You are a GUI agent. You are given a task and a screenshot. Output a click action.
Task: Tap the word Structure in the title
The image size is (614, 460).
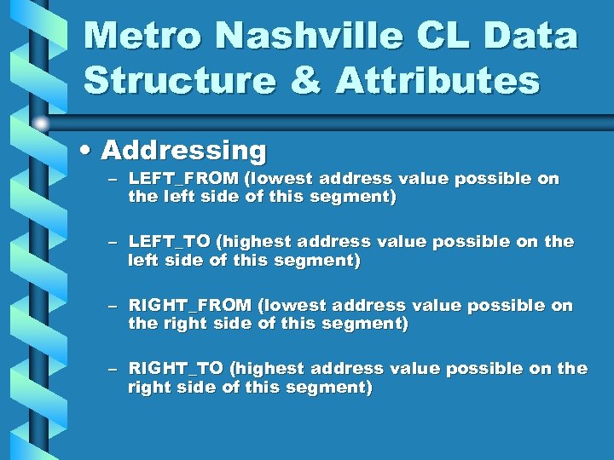[180, 81]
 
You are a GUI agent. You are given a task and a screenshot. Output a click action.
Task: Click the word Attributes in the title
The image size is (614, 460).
[437, 81]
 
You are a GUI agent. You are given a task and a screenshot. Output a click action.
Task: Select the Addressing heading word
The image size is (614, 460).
[184, 151]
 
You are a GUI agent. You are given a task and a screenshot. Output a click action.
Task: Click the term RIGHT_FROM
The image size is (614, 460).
[190, 305]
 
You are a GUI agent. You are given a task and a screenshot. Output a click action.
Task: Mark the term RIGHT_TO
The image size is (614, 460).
[177, 368]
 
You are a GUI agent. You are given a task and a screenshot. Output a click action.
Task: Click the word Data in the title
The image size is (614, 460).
[541, 37]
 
